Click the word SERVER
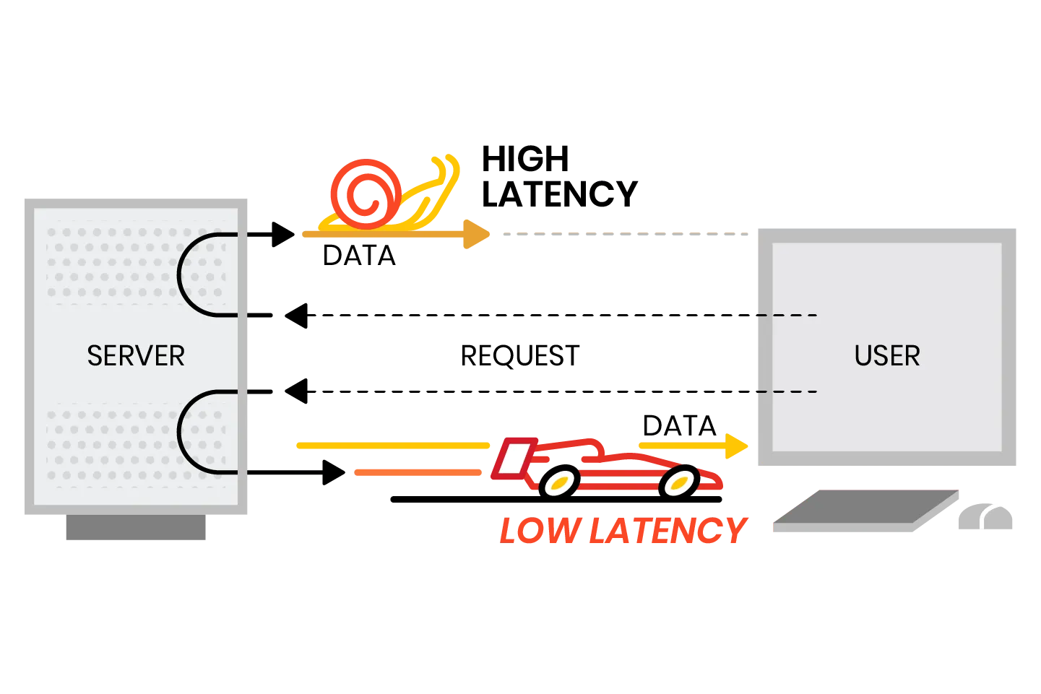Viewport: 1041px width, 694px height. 136,356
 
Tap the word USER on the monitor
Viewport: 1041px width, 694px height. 887,356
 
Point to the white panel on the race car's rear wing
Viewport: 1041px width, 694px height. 514,459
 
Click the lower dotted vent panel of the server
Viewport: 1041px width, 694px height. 108,444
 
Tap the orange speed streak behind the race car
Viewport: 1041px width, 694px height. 419,474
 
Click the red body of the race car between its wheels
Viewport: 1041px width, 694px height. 614,462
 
